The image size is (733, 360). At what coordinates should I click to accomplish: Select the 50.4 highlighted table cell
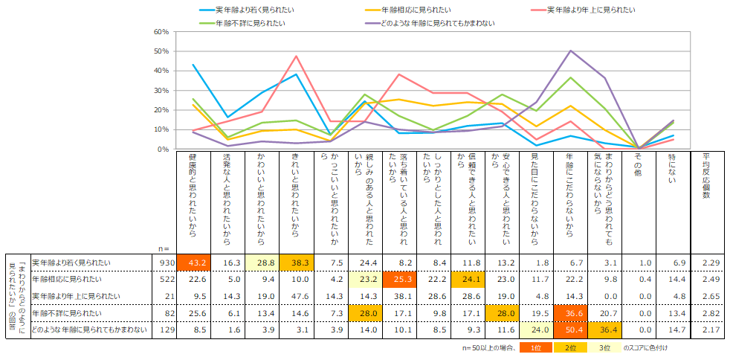click(x=571, y=331)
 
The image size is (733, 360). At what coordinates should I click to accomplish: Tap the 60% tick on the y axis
click(x=161, y=32)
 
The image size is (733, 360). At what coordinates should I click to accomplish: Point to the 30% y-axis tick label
click(x=161, y=91)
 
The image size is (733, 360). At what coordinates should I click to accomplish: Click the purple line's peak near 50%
click(x=570, y=51)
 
